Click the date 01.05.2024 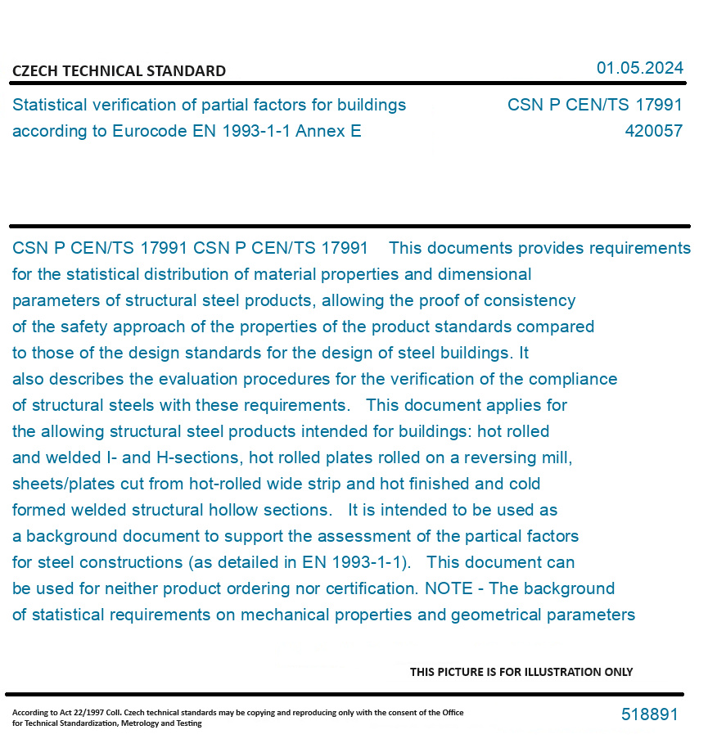(x=639, y=68)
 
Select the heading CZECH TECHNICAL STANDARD (x=119, y=71)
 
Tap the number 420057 (x=653, y=131)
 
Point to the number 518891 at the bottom (x=649, y=714)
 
